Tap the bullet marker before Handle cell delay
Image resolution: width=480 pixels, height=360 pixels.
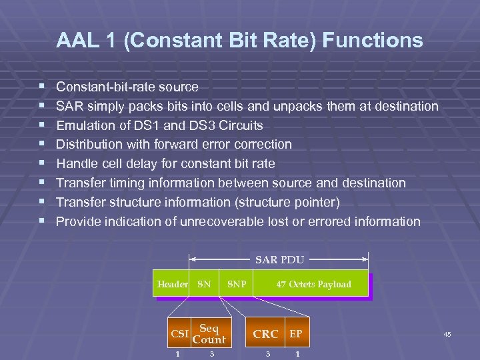(42, 163)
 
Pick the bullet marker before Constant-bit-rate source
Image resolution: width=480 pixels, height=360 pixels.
(42, 87)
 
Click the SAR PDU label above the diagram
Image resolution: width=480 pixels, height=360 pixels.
(279, 259)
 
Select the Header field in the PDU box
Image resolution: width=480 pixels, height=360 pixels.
(172, 284)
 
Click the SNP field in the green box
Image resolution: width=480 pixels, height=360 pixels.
(237, 284)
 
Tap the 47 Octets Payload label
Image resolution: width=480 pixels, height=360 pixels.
(313, 284)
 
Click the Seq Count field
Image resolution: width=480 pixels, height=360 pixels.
(209, 334)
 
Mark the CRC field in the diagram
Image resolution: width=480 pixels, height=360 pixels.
(265, 334)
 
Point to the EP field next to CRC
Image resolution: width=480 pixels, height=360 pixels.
(295, 333)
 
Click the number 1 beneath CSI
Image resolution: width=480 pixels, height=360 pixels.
(177, 354)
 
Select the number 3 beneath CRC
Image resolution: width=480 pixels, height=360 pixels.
(268, 354)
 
